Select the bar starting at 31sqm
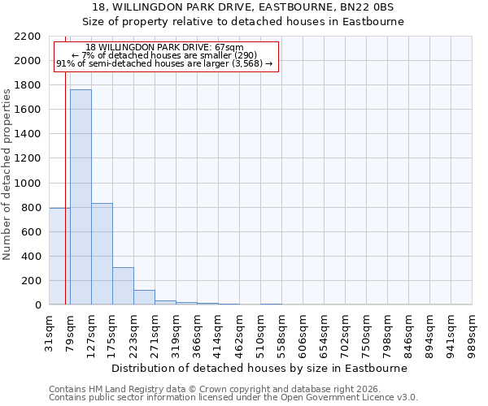59,257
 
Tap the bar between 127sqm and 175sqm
102,254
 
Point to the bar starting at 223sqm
144,297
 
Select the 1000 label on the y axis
30,184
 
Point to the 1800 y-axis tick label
30,85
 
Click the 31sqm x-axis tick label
49,330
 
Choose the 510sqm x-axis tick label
260,330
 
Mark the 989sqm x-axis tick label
472,330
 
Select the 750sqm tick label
366,330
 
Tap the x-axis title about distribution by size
259,368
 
